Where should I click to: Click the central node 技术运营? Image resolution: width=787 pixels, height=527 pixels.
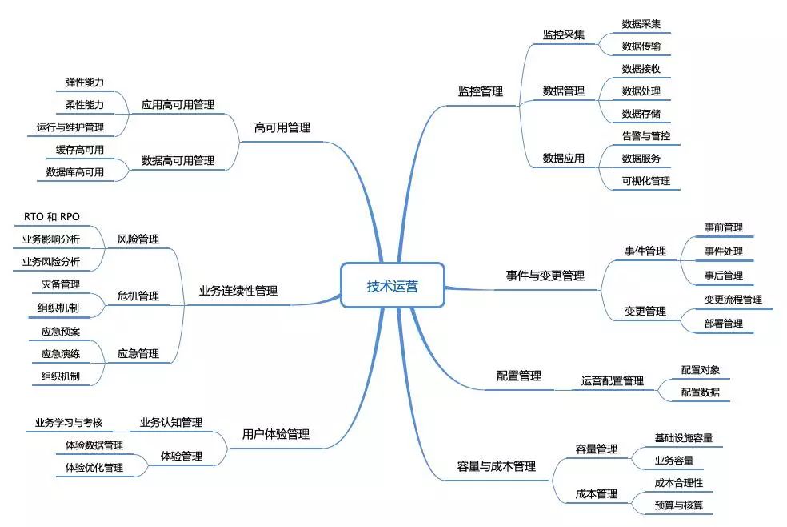[392, 286]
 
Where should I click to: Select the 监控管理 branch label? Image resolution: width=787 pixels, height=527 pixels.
[480, 91]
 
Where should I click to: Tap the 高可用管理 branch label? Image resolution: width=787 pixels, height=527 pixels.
[282, 127]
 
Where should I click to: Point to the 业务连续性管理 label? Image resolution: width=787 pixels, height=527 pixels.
[238, 291]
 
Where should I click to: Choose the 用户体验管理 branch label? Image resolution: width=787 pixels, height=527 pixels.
[275, 435]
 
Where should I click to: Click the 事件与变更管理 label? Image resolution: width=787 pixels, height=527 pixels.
[545, 276]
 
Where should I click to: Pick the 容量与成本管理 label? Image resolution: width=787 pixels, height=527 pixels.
[496, 466]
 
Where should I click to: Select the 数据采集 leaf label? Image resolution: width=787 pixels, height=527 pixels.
[641, 24]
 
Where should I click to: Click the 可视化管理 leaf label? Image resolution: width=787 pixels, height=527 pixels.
[645, 181]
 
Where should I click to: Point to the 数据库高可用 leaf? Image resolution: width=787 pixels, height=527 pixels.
[74, 171]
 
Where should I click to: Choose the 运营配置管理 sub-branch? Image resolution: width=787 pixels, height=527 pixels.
[612, 381]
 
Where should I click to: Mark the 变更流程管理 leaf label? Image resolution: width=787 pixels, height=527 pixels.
[733, 300]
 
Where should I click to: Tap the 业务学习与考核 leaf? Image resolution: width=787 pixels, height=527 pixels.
[68, 422]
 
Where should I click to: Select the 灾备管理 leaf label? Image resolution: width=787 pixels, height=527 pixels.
[60, 284]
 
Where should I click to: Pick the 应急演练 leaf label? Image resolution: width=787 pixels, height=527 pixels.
[60, 353]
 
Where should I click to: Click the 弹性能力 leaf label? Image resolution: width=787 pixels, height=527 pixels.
[84, 82]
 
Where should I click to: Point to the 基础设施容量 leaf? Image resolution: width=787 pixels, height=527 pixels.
[683, 438]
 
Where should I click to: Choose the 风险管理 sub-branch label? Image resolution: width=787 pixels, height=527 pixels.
[138, 239]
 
